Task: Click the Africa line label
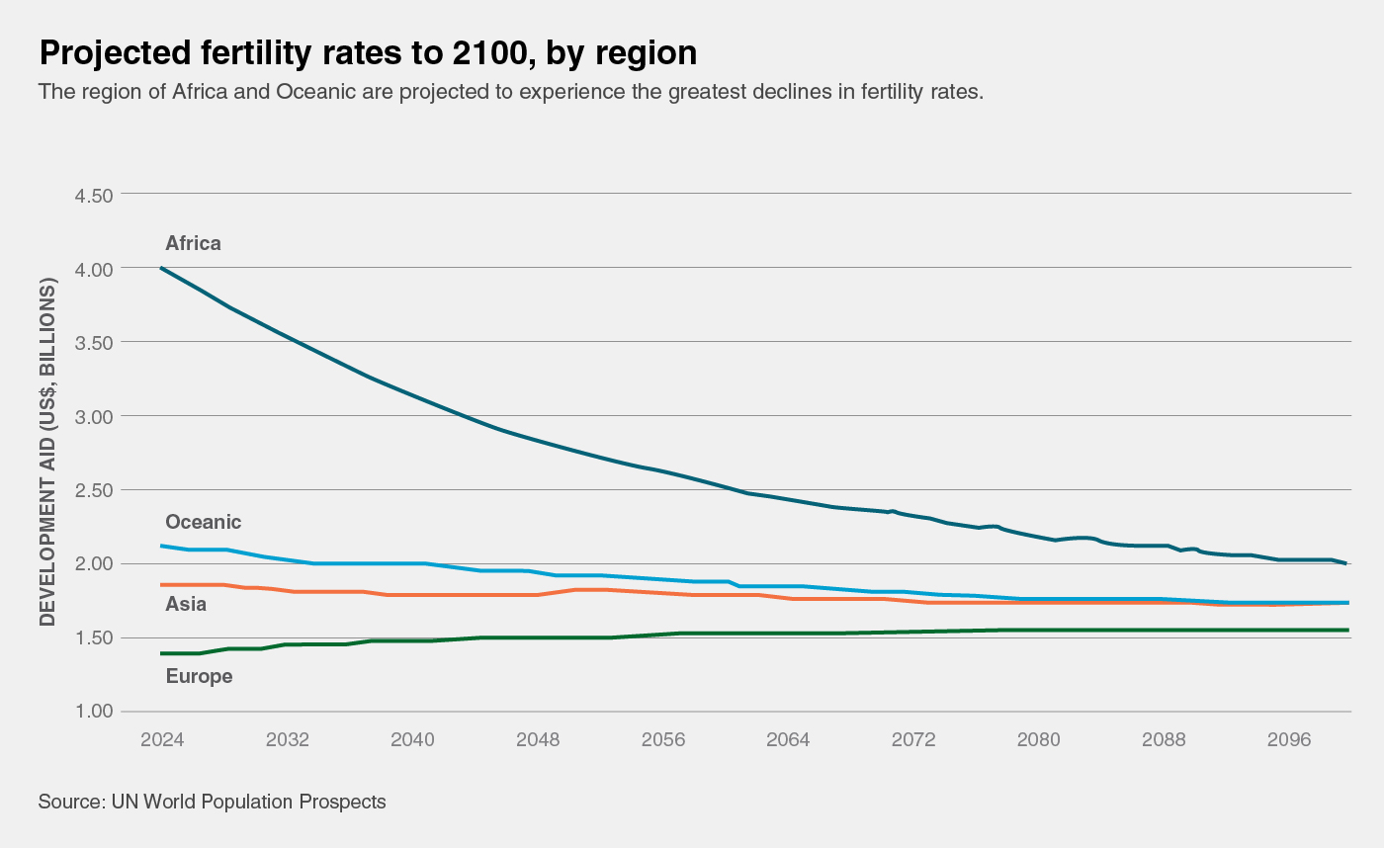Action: click(x=193, y=243)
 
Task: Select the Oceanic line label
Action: click(x=203, y=522)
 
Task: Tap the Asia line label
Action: click(x=186, y=604)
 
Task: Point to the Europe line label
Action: click(x=199, y=677)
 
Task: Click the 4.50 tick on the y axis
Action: click(x=94, y=195)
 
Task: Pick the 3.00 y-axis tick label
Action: click(x=94, y=416)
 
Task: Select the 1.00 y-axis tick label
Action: click(x=94, y=712)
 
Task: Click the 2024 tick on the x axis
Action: click(x=162, y=740)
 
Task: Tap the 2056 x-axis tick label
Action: click(x=663, y=740)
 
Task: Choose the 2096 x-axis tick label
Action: click(x=1289, y=740)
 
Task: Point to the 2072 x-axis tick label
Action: click(x=913, y=740)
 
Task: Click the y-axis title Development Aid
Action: click(x=47, y=453)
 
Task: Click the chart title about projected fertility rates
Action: click(x=367, y=53)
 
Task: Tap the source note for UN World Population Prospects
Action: click(x=212, y=802)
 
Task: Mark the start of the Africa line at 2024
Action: click(x=162, y=268)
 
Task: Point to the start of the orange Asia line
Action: click(x=162, y=585)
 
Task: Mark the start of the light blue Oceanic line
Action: click(x=162, y=546)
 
